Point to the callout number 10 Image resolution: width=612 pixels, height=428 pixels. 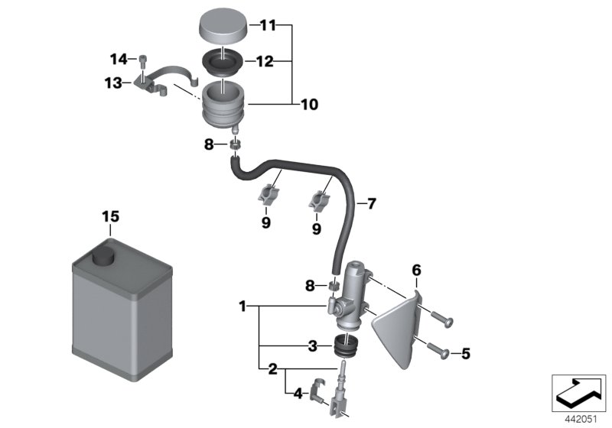coord(310,104)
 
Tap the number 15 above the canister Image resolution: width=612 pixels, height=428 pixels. coord(111,217)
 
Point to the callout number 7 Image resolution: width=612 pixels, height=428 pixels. coord(371,204)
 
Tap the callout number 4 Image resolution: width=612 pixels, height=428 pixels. coord(298,395)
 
